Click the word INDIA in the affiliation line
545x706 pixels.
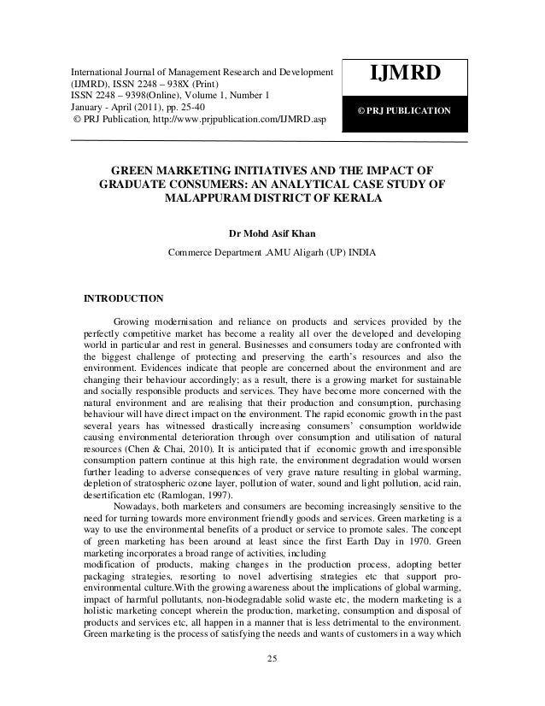[x=359, y=252]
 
